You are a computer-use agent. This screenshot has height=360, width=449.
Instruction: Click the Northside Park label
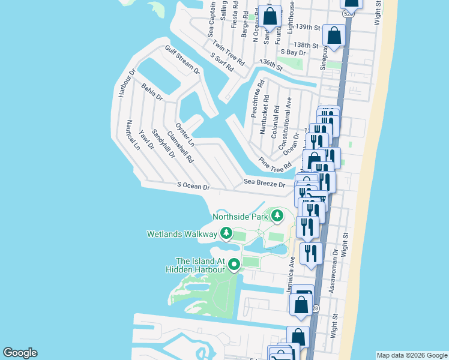[x=240, y=216]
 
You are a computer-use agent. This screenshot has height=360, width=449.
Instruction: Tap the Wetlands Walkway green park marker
[x=226, y=233]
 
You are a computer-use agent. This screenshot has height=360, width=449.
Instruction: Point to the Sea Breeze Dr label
[x=264, y=182]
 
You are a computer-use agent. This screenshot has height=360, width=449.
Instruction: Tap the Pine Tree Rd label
[x=275, y=163]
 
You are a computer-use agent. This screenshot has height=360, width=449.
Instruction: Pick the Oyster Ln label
[x=184, y=134]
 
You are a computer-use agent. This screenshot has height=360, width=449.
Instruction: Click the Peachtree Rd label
[x=256, y=99]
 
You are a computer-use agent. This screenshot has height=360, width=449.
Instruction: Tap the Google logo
[x=20, y=353]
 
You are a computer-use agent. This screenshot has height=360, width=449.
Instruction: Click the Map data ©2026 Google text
[x=411, y=355]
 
